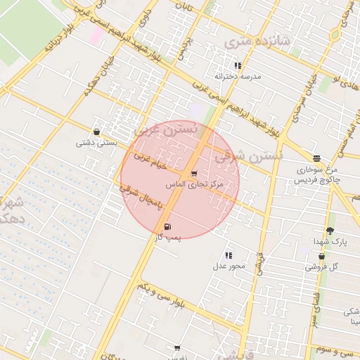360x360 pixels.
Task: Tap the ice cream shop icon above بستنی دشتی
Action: point(96,131)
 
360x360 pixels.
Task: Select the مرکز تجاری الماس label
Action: point(194,184)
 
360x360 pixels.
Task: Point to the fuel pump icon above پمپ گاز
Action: point(167,226)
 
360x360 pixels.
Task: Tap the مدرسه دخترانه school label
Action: point(237,76)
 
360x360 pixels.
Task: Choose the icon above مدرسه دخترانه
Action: point(238,65)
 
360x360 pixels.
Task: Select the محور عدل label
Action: point(228,266)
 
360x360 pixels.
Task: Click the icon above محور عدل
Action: point(229,255)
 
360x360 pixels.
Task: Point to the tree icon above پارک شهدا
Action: point(330,231)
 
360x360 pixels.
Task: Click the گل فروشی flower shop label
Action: point(321,266)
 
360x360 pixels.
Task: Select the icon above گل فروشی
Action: point(321,256)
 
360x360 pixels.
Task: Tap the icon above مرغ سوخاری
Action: point(316,158)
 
